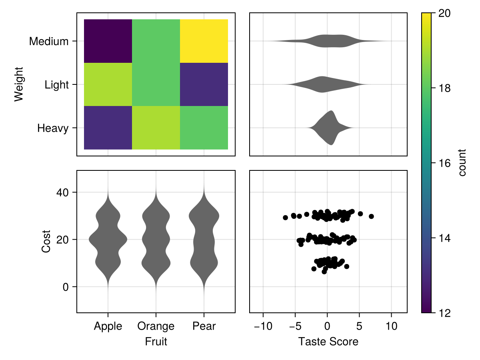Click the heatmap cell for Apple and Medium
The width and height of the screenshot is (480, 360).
pos(108,41)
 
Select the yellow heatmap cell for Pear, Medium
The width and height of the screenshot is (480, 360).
pos(204,41)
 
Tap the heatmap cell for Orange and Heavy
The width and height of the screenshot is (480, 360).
pos(156,128)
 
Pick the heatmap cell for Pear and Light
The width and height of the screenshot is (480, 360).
pos(204,84)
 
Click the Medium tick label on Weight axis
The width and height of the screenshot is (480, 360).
pos(49,41)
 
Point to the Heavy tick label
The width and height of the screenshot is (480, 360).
pos(53,128)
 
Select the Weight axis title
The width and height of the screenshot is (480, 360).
pos(18,84)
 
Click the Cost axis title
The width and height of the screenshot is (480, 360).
pos(46,241)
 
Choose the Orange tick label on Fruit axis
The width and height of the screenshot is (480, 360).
pos(156,326)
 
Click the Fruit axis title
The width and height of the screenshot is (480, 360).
pos(156,342)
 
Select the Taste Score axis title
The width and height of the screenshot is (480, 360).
pos(328,342)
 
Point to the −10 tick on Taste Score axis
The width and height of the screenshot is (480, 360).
pos(263,326)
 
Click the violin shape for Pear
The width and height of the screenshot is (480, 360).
pos(204,240)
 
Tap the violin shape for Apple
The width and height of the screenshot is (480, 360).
pos(108,240)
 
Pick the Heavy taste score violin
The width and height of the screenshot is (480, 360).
pos(330,128)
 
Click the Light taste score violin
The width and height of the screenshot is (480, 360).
pos(322,84)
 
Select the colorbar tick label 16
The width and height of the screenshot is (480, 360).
pos(442,163)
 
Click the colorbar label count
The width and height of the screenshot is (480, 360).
pos(463,163)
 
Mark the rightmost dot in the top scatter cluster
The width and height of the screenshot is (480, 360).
pos(371,216)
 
